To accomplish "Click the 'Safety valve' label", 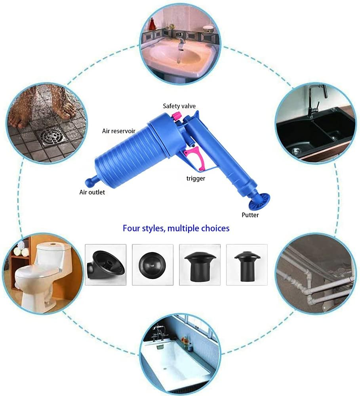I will click(179, 106).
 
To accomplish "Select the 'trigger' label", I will click(196, 178).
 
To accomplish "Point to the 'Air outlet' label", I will click(92, 193).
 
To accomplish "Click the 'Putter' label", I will click(250, 215).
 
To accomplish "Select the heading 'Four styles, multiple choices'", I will click(176, 228).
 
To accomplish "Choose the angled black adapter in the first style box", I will click(105, 264).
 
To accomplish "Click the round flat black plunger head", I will click(152, 264).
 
